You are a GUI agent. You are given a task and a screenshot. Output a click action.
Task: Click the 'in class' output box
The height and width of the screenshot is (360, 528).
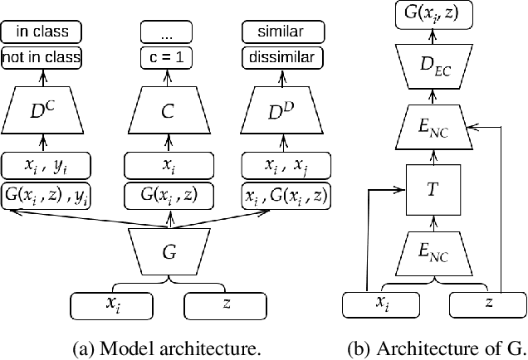41,33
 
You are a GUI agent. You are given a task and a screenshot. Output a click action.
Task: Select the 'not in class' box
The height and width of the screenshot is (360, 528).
41,58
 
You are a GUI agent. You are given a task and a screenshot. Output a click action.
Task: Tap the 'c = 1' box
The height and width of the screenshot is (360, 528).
170,58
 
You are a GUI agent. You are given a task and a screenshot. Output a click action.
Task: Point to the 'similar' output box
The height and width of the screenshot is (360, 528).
284,33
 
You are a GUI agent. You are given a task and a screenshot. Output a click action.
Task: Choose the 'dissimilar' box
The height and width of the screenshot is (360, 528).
284,58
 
